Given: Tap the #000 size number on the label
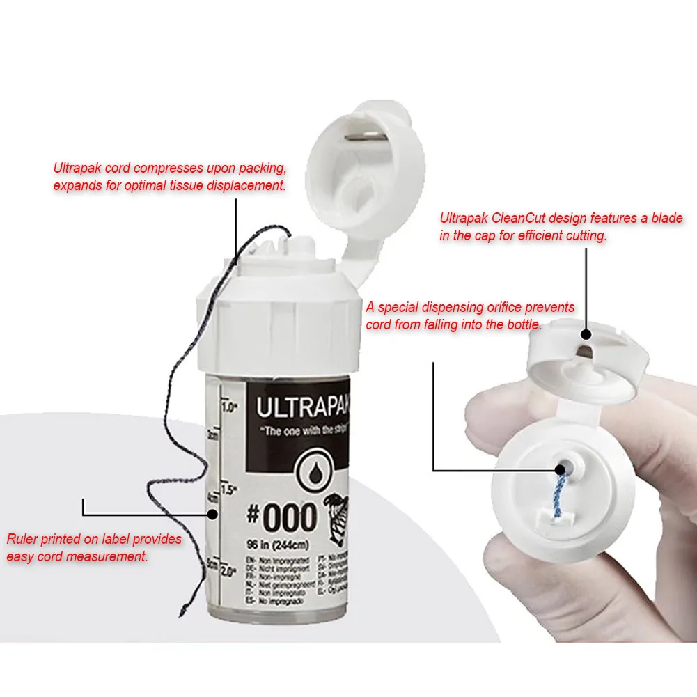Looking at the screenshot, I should click(281, 519).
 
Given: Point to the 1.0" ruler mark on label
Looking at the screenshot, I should click(229, 408).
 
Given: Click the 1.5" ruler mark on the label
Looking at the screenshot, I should click(229, 488).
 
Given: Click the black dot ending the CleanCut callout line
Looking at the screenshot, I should click(586, 335).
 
